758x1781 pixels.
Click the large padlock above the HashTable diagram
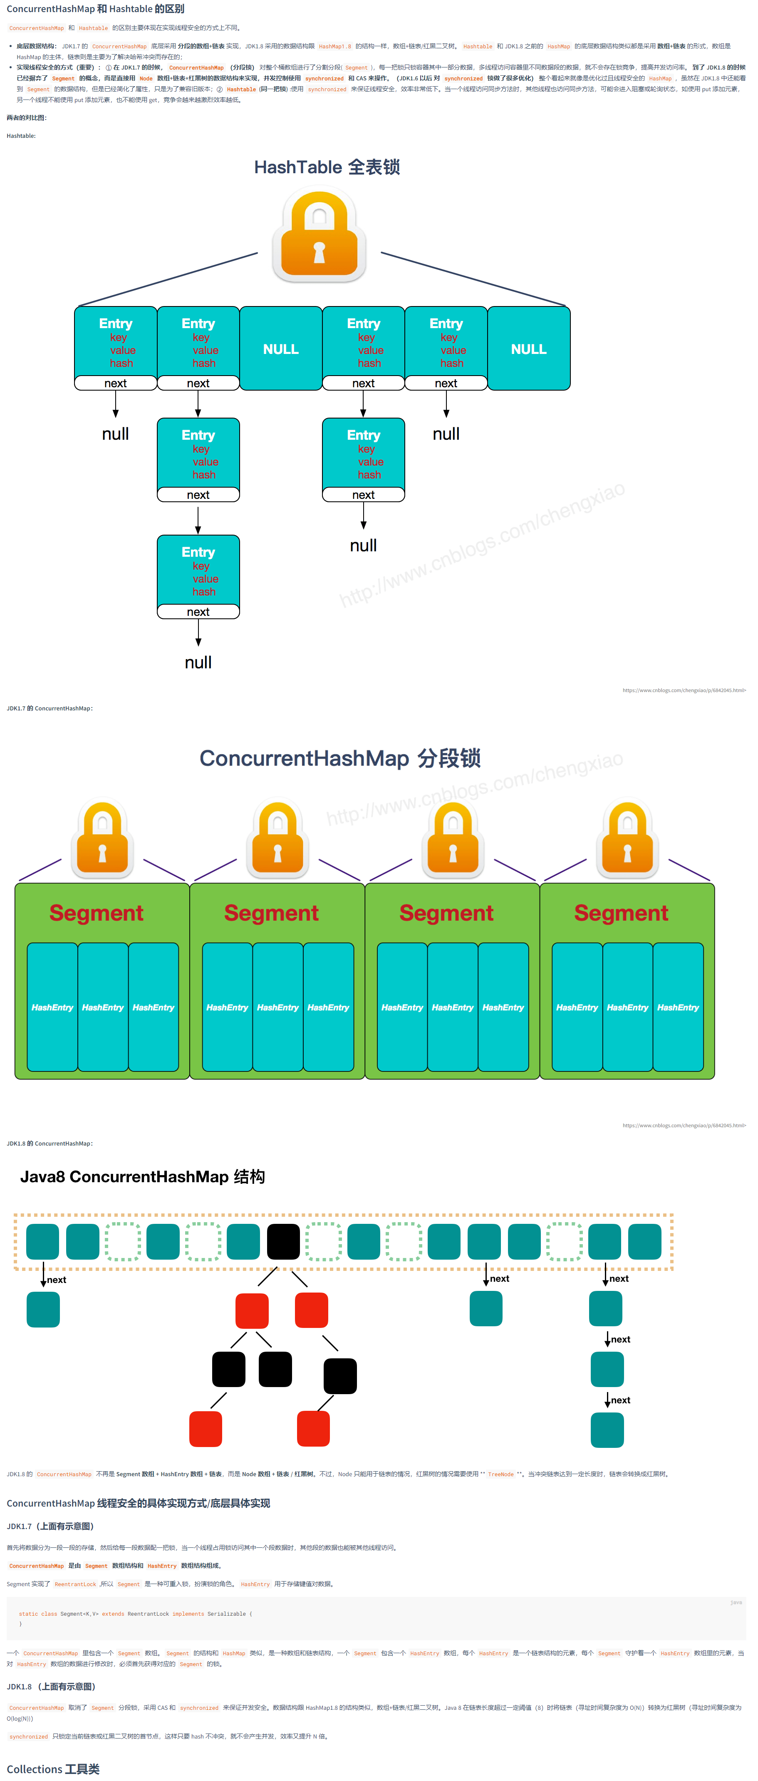pyautogui.click(x=319, y=237)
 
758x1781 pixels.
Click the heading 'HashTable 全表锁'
pyautogui.click(x=327, y=167)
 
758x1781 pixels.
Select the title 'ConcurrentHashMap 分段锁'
pyautogui.click(x=340, y=758)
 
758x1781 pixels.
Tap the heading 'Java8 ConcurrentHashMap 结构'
pyautogui.click(x=142, y=1177)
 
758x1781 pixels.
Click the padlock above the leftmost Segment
pyautogui.click(x=102, y=839)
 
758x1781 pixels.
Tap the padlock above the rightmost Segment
pyautogui.click(x=627, y=839)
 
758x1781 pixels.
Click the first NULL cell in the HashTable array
pyautogui.click(x=280, y=349)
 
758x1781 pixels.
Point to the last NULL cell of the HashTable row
pyautogui.click(x=529, y=349)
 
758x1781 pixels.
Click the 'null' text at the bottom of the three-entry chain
pyautogui.click(x=198, y=663)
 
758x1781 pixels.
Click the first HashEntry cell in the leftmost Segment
pyautogui.click(x=52, y=1007)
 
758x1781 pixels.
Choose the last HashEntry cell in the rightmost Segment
pyautogui.click(x=678, y=1007)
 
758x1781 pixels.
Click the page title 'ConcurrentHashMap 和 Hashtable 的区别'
pyautogui.click(x=95, y=9)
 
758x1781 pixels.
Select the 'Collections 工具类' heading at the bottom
pyautogui.click(x=53, y=1769)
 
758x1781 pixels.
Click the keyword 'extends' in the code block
pyautogui.click(x=113, y=1614)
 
